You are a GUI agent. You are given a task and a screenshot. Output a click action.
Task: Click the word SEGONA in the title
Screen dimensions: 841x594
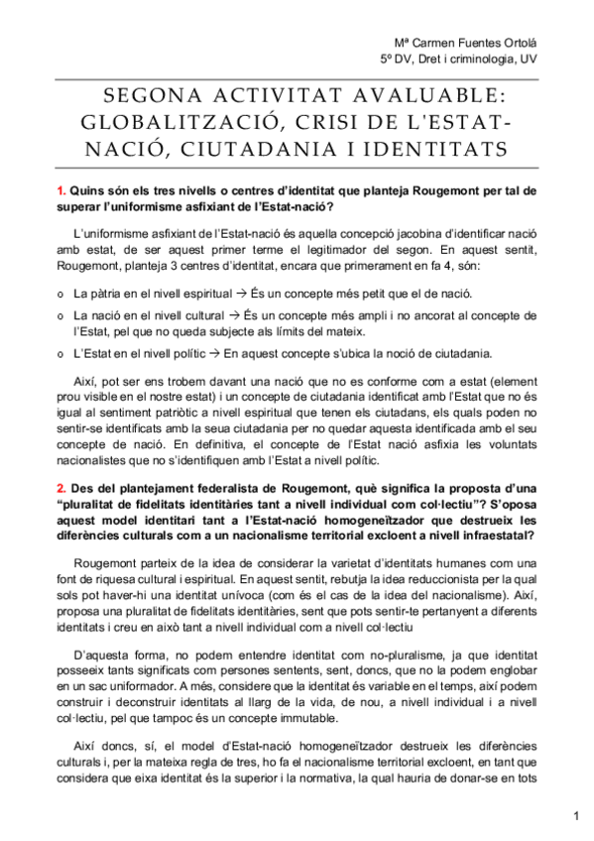pyautogui.click(x=150, y=96)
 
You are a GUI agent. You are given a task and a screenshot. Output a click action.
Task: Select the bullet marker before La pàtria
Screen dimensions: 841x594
pyautogui.click(x=60, y=295)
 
